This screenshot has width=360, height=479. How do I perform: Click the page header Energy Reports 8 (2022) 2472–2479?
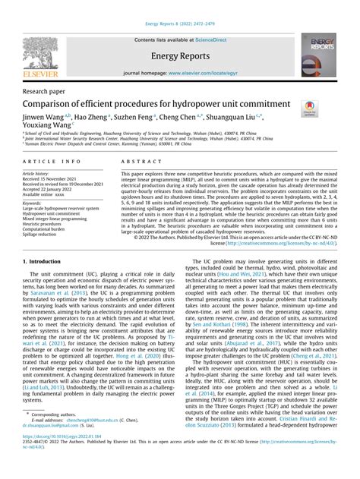pyautogui.click(x=180, y=5)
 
